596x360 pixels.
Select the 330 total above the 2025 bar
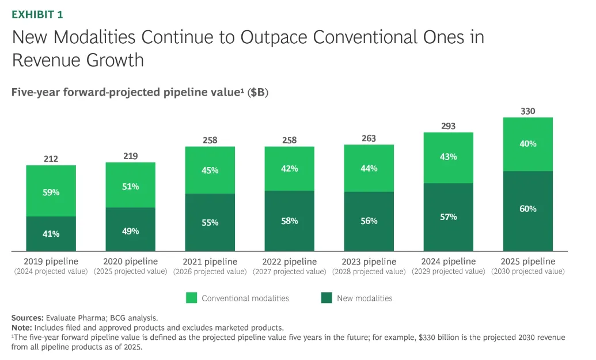coord(528,111)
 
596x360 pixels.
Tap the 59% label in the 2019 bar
coord(51,192)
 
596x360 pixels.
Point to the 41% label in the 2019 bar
coord(51,234)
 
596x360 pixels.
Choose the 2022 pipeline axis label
coord(290,262)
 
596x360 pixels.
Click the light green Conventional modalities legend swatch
coord(191,298)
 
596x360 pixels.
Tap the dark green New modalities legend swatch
coord(327,298)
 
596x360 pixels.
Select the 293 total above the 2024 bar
coord(449,126)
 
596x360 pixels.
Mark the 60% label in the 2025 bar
coord(528,209)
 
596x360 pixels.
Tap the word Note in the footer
coord(22,327)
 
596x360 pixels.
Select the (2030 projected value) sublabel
coord(528,271)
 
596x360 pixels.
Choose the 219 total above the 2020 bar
coord(130,156)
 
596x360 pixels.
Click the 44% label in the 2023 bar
coord(369,168)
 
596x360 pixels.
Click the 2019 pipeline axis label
coord(51,262)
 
